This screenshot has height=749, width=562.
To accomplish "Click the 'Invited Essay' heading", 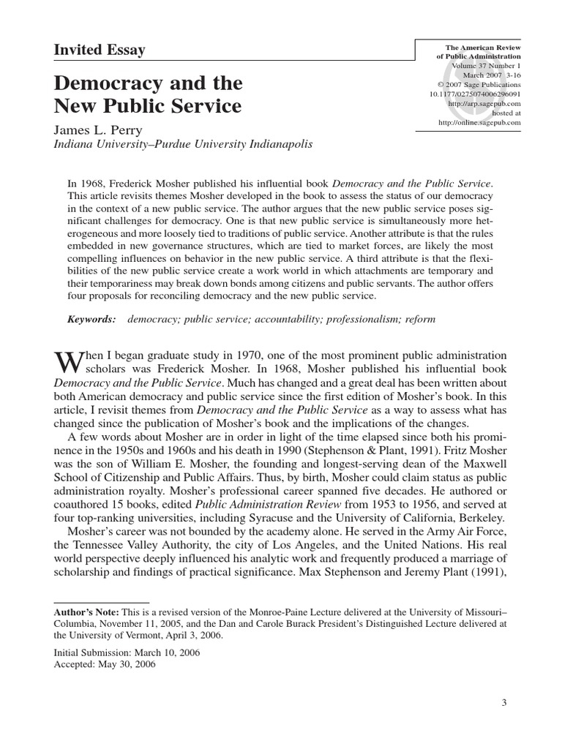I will [x=100, y=50].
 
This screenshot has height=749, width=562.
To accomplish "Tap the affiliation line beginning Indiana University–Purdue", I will [x=184, y=144].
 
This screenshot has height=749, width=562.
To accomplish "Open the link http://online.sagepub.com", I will [x=479, y=123].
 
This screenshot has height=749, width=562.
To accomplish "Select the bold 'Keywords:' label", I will [x=91, y=320].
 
